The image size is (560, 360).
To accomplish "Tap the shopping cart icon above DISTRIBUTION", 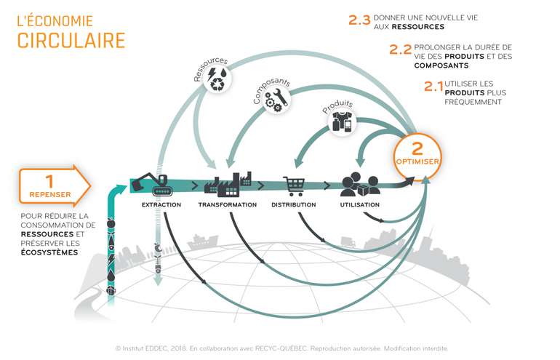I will pyautogui.click(x=294, y=187).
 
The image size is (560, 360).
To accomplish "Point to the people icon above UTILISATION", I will pyautogui.click(x=359, y=184).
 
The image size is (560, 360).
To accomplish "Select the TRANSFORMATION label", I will pyautogui.click(x=227, y=205).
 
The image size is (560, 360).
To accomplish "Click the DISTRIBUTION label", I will pyautogui.click(x=293, y=205).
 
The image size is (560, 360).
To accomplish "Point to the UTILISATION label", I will pyautogui.click(x=359, y=205).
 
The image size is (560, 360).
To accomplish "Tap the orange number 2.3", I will pyautogui.click(x=359, y=20).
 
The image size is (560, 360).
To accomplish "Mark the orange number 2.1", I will pyautogui.click(x=433, y=87).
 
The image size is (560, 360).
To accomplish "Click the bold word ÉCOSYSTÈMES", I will pyautogui.click(x=49, y=253).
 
